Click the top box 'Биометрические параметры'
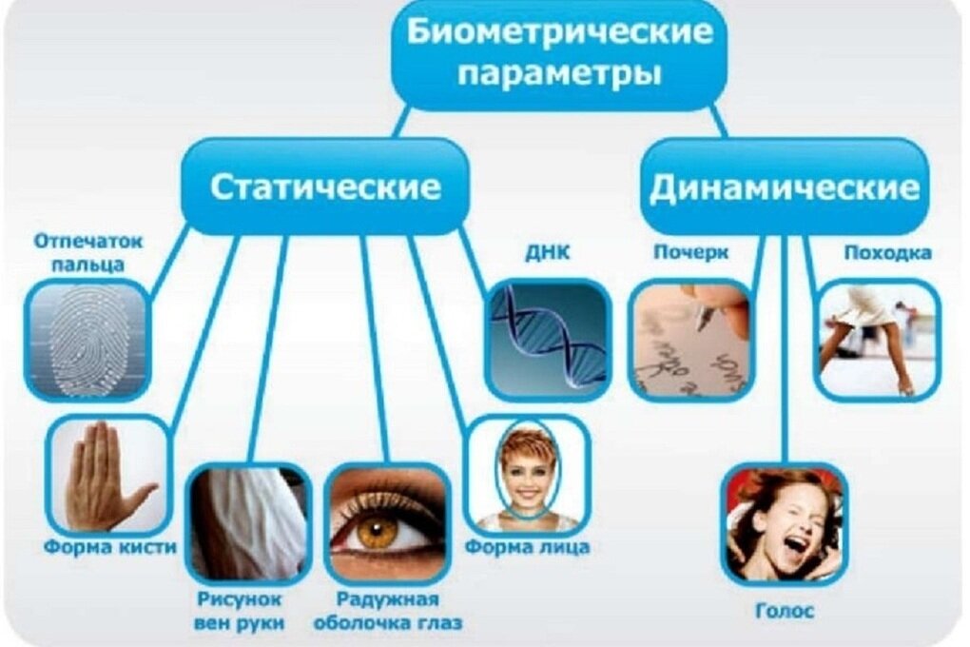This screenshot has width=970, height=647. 560,53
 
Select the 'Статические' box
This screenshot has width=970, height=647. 325,186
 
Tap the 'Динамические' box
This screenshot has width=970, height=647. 784,186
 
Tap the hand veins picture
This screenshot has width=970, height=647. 249,522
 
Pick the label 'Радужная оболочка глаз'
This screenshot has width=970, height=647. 387,612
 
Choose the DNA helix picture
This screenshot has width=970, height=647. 547,338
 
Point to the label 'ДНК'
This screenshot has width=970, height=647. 546,254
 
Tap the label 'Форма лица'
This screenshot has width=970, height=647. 527,547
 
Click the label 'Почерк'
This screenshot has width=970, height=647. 691,253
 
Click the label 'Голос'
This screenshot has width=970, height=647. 785,612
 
